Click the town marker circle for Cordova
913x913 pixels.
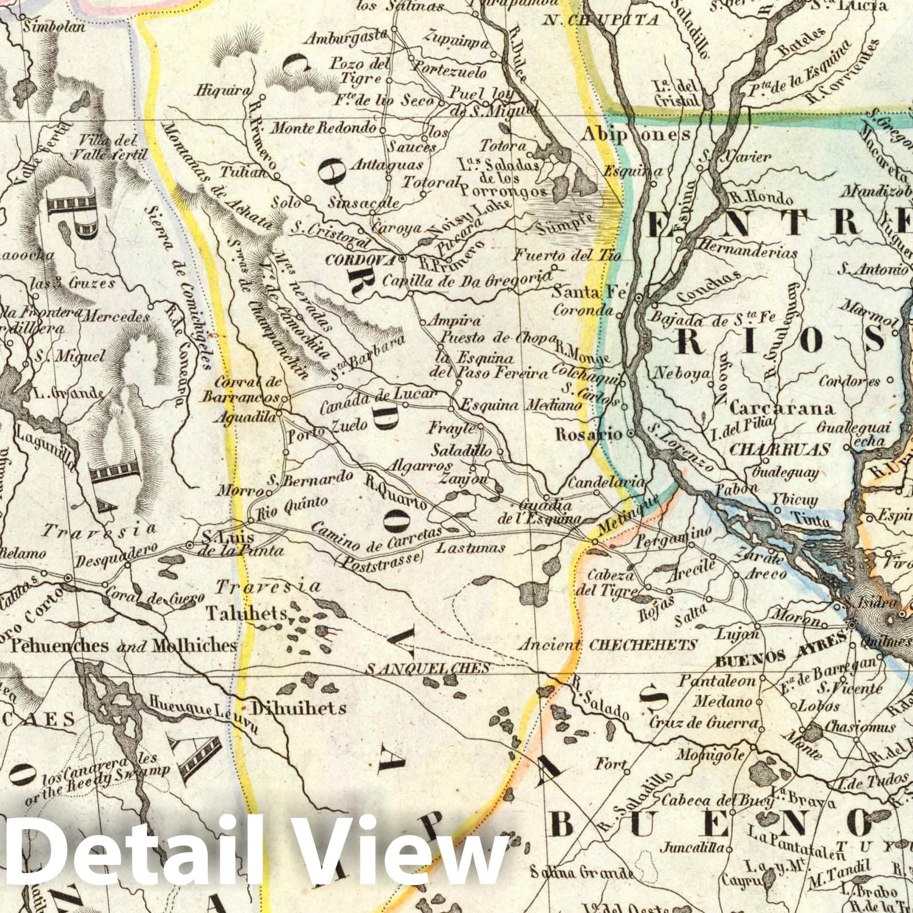coord(402,258)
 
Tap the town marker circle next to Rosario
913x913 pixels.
coord(631,434)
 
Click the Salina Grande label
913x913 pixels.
coord(581,872)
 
